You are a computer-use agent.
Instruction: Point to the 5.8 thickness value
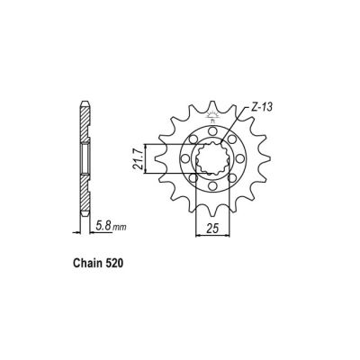pyautogui.click(x=102, y=228)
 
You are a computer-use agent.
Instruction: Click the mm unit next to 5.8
pyautogui.click(x=118, y=229)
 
